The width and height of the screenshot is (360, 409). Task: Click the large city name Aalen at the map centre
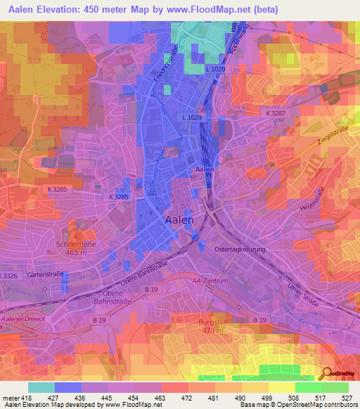click(179, 219)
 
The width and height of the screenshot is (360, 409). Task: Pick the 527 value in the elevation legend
click(347, 397)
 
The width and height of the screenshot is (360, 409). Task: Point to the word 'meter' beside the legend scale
click(11, 397)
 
